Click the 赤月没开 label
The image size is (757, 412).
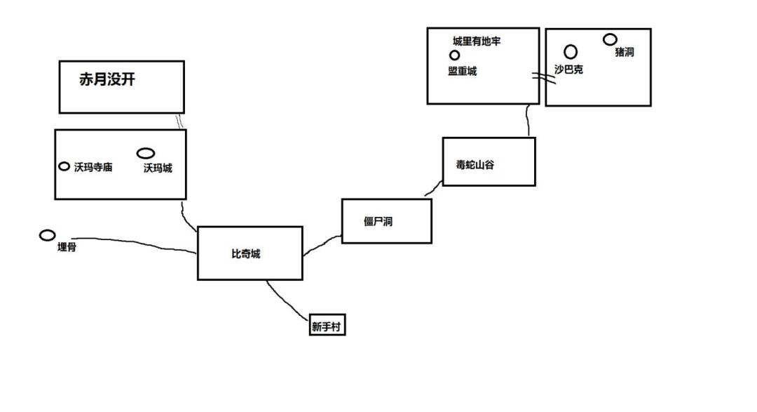click(x=107, y=79)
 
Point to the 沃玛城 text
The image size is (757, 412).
click(x=158, y=168)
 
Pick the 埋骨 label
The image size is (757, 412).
click(x=67, y=247)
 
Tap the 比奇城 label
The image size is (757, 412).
click(x=246, y=254)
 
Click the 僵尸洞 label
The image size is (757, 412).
click(x=378, y=222)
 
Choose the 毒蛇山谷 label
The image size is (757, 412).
click(x=475, y=165)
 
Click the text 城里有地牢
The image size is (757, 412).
click(x=477, y=41)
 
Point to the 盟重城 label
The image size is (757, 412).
click(x=462, y=71)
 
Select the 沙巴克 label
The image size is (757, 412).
click(x=568, y=69)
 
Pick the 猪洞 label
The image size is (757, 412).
click(x=625, y=52)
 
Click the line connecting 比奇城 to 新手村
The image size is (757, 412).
click(x=287, y=301)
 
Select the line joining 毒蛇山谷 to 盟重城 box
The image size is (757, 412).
click(x=527, y=121)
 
